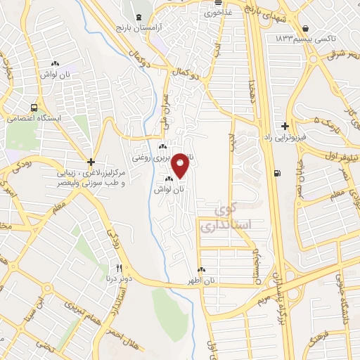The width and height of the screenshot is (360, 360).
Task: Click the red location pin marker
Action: click(x=181, y=165)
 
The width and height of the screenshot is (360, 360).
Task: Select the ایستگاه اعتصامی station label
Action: click(x=34, y=118)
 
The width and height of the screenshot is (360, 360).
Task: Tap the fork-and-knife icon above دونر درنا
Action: click(x=119, y=268)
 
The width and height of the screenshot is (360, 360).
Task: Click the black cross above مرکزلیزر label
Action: click(x=91, y=162)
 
